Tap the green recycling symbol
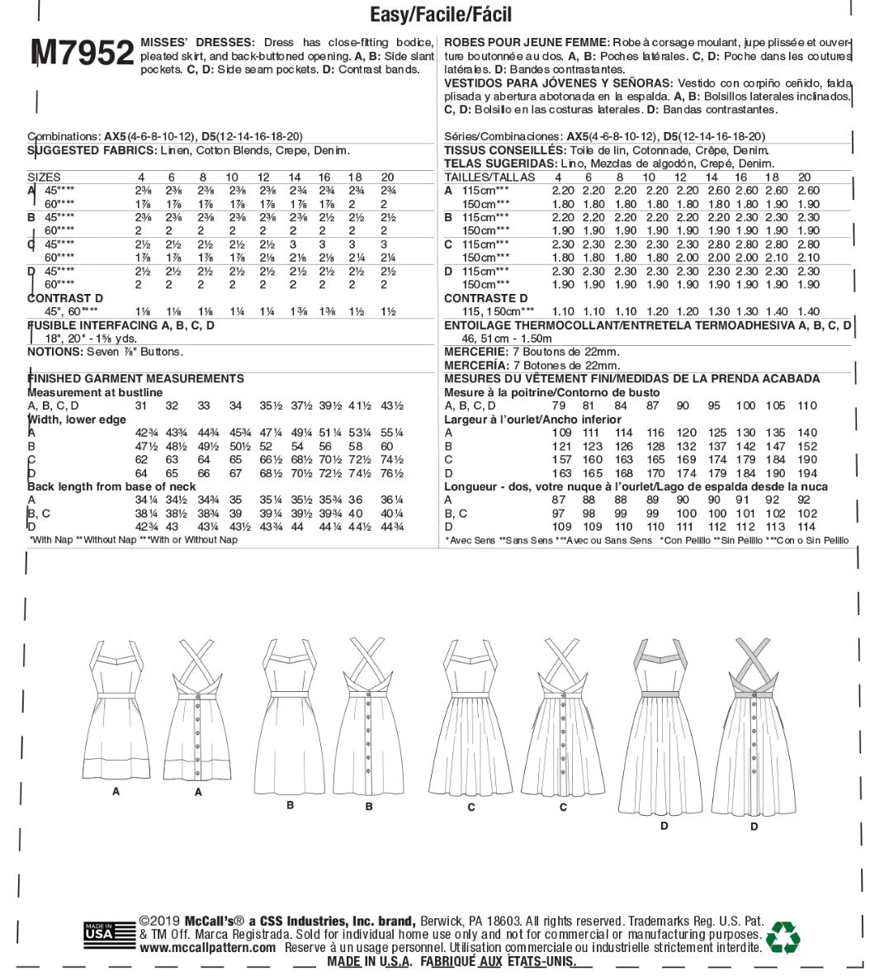click(783, 936)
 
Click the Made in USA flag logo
click(109, 932)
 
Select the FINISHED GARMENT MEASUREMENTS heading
click(135, 379)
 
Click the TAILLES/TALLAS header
click(489, 178)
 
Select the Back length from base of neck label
click(111, 486)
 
